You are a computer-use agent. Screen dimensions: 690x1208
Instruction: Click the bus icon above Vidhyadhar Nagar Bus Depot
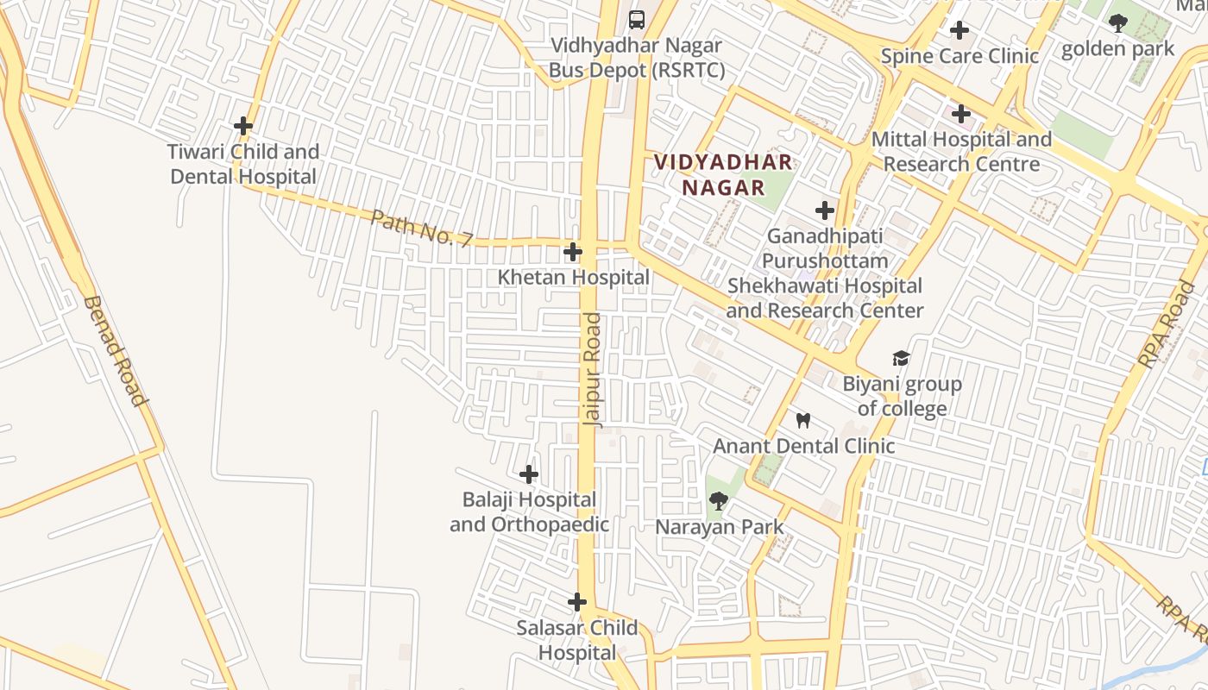point(637,19)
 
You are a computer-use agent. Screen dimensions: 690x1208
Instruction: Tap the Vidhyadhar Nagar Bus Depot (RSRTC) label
point(637,58)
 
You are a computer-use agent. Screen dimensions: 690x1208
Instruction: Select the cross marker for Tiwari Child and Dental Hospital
point(243,126)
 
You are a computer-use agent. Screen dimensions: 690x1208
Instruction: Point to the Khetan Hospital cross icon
point(572,252)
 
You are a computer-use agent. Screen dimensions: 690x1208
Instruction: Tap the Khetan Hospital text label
point(574,277)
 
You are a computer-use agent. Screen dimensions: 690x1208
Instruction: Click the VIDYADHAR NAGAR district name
point(723,175)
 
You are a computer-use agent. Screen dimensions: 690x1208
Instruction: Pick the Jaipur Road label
point(592,370)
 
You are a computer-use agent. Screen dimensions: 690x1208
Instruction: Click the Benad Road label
point(114,350)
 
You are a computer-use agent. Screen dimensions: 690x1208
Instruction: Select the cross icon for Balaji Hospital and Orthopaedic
point(529,474)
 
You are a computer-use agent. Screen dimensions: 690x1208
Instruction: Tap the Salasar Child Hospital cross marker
point(577,602)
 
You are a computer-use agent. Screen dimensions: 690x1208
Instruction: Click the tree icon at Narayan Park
point(718,501)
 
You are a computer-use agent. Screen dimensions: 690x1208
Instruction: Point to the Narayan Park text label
point(720,527)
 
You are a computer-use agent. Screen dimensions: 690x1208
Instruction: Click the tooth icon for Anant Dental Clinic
point(803,421)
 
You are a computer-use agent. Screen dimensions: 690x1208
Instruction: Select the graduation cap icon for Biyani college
point(901,358)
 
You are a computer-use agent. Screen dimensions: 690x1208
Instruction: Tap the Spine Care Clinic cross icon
point(959,31)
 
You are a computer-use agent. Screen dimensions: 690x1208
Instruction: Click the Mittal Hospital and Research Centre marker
point(960,114)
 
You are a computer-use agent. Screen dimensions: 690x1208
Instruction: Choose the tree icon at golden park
point(1118,23)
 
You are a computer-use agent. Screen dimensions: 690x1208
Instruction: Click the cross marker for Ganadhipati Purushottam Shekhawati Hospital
point(825,210)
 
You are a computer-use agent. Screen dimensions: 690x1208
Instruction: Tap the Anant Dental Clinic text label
point(803,446)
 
